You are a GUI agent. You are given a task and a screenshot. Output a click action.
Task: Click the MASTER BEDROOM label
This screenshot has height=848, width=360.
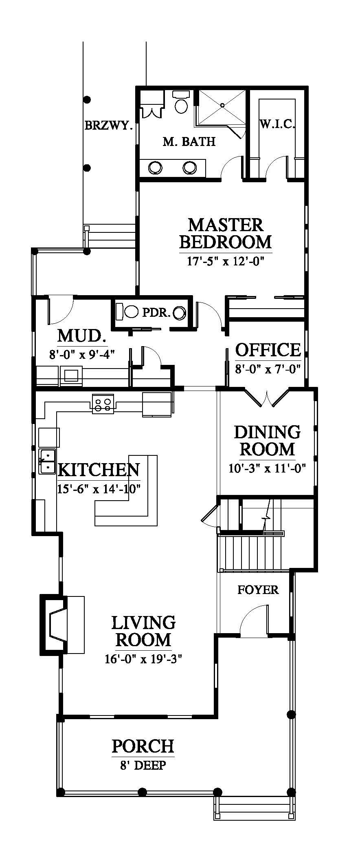point(225,233)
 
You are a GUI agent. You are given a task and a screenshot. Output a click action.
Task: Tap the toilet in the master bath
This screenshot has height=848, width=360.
point(181,102)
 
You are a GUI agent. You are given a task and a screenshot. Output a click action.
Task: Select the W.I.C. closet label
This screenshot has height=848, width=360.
point(277,124)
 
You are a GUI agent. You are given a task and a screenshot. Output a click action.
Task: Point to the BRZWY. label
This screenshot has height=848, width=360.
point(109,126)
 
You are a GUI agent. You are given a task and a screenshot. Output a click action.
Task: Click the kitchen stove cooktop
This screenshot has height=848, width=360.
point(102,404)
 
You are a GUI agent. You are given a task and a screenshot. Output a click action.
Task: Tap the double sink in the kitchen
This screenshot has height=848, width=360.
point(47,461)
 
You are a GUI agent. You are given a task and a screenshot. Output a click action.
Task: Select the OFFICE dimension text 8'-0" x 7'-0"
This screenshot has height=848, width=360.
point(268,369)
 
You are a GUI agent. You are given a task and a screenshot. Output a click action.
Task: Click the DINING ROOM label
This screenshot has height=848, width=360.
point(267,441)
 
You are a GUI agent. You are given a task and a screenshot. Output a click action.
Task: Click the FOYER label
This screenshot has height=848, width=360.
point(258,590)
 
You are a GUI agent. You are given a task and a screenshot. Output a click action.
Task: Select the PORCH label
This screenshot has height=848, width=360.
point(143,746)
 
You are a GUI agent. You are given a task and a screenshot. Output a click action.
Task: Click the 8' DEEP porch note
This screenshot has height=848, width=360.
point(143,765)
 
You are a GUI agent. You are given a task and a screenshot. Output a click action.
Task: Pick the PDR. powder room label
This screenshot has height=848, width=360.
point(156,313)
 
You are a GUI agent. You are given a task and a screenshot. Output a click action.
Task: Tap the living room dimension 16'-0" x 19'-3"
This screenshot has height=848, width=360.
point(143,660)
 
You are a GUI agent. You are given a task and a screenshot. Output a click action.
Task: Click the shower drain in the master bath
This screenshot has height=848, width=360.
point(222,105)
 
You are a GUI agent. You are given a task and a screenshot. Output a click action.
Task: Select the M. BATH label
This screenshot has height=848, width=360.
point(189,142)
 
